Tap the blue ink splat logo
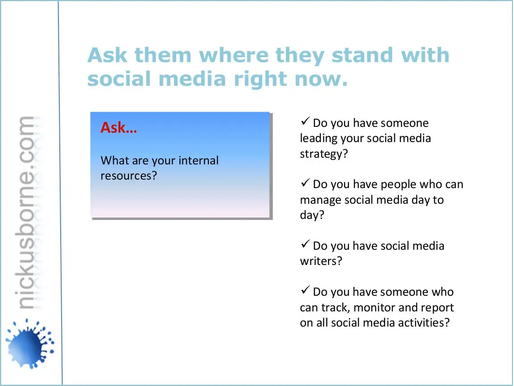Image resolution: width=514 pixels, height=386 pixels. click(x=29, y=343)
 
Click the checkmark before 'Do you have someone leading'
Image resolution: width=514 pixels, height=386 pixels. click(x=305, y=121)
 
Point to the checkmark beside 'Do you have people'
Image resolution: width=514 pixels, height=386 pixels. click(x=305, y=182)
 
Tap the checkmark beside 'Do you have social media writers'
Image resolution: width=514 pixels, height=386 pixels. click(x=305, y=244)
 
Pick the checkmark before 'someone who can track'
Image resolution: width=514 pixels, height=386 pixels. click(x=305, y=290)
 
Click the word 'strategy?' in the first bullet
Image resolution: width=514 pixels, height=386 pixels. click(x=324, y=154)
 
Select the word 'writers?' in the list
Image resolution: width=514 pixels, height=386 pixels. click(x=321, y=261)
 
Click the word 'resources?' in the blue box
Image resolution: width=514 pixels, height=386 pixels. click(x=129, y=176)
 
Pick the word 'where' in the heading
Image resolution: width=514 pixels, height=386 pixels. click(x=234, y=55)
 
